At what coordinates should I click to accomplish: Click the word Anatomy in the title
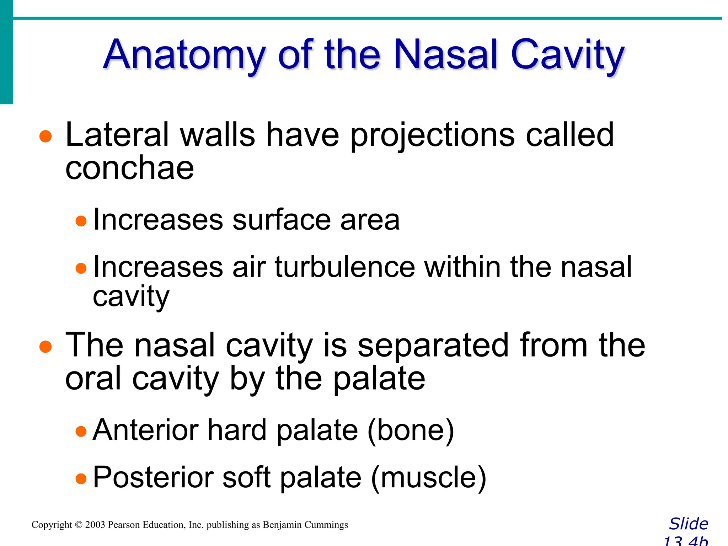(x=184, y=55)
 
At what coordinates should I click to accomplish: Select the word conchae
(x=129, y=168)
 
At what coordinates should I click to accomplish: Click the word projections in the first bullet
(x=432, y=135)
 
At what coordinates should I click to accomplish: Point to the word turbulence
(x=345, y=267)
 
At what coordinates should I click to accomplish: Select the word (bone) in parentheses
(x=411, y=430)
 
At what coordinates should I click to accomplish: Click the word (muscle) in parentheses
(x=428, y=477)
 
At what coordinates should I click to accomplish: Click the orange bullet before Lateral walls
(x=45, y=136)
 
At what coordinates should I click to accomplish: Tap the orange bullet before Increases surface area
(x=81, y=221)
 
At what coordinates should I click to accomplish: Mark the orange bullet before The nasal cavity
(x=45, y=347)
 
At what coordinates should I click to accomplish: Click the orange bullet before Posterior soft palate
(x=81, y=478)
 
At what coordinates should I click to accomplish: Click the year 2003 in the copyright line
(x=95, y=525)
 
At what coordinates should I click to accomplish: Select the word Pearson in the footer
(x=124, y=525)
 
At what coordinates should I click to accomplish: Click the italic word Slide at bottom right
(x=689, y=524)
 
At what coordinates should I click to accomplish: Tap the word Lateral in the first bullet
(x=117, y=135)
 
